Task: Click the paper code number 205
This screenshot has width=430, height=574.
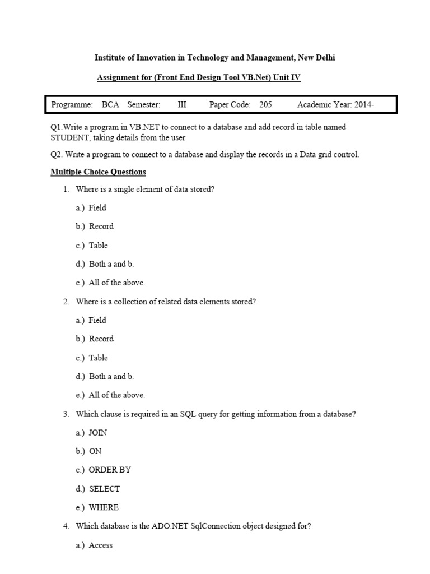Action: [x=265, y=105]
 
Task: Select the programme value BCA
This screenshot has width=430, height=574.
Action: [x=111, y=105]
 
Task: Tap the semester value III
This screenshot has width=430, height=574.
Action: [x=182, y=105]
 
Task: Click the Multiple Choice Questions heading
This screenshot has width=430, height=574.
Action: [x=98, y=172]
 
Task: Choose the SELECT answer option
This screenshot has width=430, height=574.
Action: [x=104, y=489]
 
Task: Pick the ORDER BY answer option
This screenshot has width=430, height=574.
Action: [x=110, y=470]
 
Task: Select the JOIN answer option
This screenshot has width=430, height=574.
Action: [x=98, y=433]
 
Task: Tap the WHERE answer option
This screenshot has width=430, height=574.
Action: [x=104, y=507]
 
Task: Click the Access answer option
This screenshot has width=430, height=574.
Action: [x=101, y=545]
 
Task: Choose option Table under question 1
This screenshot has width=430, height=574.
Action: [x=98, y=245]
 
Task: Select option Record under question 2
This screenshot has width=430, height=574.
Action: [x=101, y=339]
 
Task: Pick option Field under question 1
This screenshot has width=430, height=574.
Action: [x=97, y=207]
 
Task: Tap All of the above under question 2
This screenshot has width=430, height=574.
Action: [x=116, y=395]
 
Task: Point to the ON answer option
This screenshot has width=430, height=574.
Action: [x=95, y=451]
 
